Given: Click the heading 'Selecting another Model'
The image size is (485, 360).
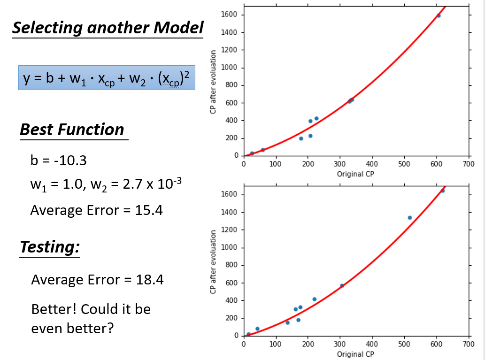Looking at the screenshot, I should (x=108, y=28).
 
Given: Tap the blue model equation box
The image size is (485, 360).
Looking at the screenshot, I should (x=107, y=78).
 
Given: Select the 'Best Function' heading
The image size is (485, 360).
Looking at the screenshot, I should (x=72, y=130).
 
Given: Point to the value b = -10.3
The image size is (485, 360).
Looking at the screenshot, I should (x=58, y=161).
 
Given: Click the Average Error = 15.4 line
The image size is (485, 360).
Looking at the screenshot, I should (x=96, y=210).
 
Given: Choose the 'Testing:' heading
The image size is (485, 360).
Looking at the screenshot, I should (x=49, y=247).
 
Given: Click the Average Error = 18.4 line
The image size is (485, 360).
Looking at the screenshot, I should (x=97, y=280).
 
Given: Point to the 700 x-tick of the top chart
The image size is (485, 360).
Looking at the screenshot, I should (x=468, y=164).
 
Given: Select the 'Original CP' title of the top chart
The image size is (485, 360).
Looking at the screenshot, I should (x=355, y=174).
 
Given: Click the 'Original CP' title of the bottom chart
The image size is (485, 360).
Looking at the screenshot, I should (x=355, y=354).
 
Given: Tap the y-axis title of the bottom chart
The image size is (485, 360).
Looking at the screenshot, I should (x=214, y=262).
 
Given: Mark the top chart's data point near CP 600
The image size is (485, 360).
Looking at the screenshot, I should (x=439, y=16).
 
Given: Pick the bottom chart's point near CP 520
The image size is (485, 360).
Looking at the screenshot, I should (x=409, y=217).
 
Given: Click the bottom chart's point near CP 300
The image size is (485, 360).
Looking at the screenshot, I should (x=342, y=285).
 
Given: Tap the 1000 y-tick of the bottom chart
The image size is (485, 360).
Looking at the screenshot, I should (x=232, y=248).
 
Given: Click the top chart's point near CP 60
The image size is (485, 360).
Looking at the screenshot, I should (x=262, y=150).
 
